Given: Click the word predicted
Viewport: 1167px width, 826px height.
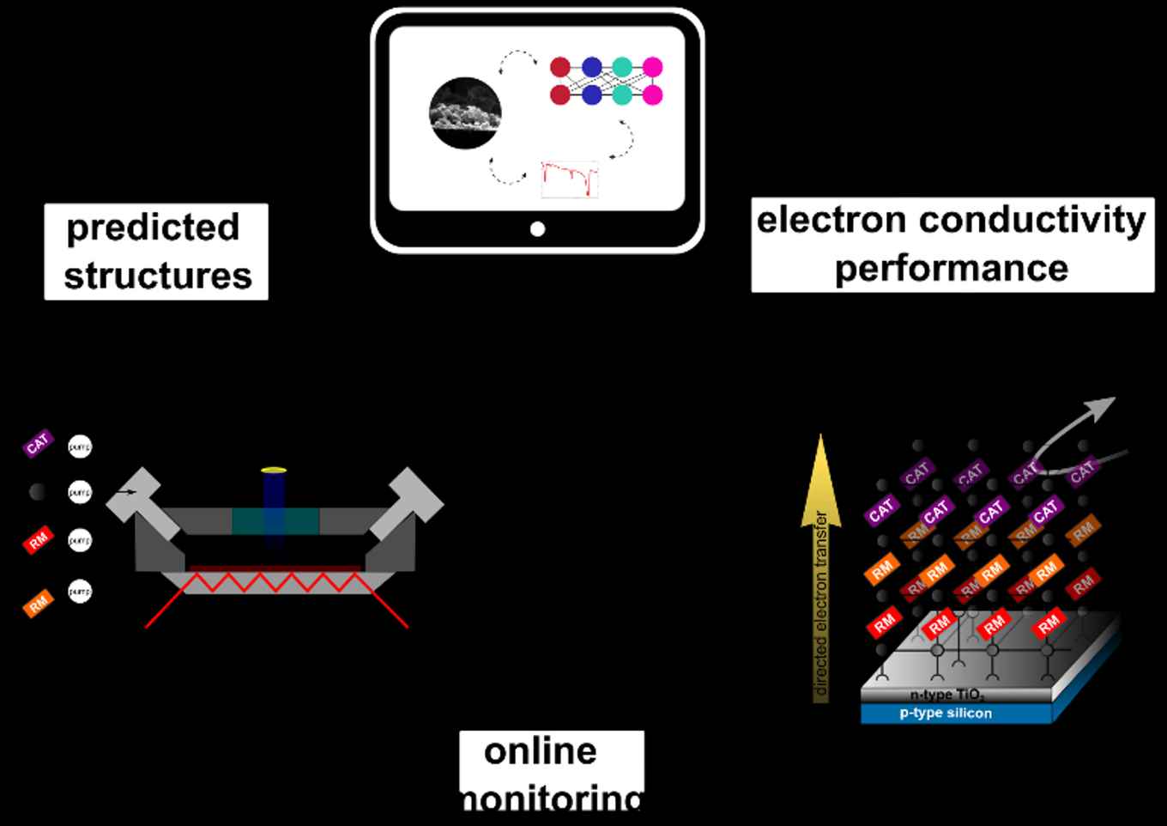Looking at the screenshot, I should coord(153,228).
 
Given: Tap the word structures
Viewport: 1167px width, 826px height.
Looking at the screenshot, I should coord(158,276).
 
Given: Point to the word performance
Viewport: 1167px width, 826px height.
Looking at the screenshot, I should coord(951,268).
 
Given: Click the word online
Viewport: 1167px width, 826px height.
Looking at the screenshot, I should coord(541,751).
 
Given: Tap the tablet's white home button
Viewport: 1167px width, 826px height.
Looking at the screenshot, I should coord(537,229).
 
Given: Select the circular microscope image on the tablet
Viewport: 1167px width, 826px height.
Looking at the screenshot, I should coord(465,113).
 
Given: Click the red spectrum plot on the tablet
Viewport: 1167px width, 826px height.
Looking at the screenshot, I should coord(570,179).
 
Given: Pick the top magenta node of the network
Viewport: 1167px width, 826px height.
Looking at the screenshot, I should coord(652,67).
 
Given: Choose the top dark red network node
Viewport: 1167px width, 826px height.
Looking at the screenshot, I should coord(560,67).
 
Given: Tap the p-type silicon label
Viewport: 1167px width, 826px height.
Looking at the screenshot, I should coord(946,714).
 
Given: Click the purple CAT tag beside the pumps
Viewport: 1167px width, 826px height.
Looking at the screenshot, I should coord(38,444).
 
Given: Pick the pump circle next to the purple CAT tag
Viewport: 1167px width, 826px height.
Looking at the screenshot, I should coord(80,446).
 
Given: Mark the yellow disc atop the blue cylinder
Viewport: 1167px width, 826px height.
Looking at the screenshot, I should coord(274,471).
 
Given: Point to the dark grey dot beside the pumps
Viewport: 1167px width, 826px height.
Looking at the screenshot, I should coord(38,492).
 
